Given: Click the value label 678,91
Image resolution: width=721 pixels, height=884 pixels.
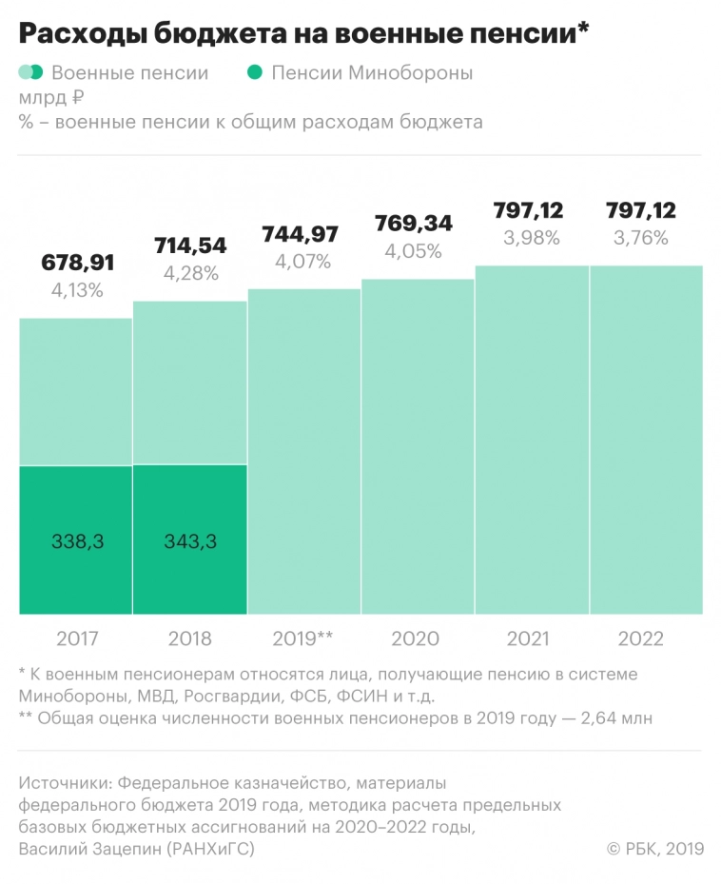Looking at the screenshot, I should coord(75,264).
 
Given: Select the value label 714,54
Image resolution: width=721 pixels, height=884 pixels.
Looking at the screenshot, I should coord(189,246).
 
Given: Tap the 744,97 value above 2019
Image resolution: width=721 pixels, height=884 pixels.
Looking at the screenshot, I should coord(303,233).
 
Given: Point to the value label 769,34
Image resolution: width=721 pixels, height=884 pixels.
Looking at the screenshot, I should coord(418,223).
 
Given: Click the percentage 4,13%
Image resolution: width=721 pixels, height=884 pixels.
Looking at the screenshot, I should coord(75,291).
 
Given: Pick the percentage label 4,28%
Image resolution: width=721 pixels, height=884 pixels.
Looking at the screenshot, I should coord(189,273).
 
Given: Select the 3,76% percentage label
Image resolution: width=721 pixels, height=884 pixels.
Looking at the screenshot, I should coord(647,238).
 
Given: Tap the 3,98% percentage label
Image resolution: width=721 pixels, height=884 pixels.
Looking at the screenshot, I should coord(532,238).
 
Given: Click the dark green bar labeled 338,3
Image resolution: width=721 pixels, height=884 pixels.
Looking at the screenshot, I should coord(75,540).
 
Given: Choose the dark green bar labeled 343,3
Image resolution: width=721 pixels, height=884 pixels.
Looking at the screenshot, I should coord(189,540).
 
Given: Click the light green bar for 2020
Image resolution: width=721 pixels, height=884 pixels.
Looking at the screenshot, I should coord(418,447).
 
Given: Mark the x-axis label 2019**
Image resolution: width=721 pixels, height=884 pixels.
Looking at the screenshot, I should coord(303,638).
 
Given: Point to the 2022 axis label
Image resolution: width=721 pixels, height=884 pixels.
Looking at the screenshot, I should coord(647,638).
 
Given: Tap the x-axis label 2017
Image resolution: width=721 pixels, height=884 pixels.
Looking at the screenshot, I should coord(75,638).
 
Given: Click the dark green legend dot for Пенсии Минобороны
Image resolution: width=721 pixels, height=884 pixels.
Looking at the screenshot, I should coord(253,73).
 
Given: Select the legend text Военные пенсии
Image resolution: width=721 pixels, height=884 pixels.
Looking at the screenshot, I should coord(129,73).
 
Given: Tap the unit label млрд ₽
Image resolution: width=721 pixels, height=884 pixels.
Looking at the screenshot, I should coord(52,97).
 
